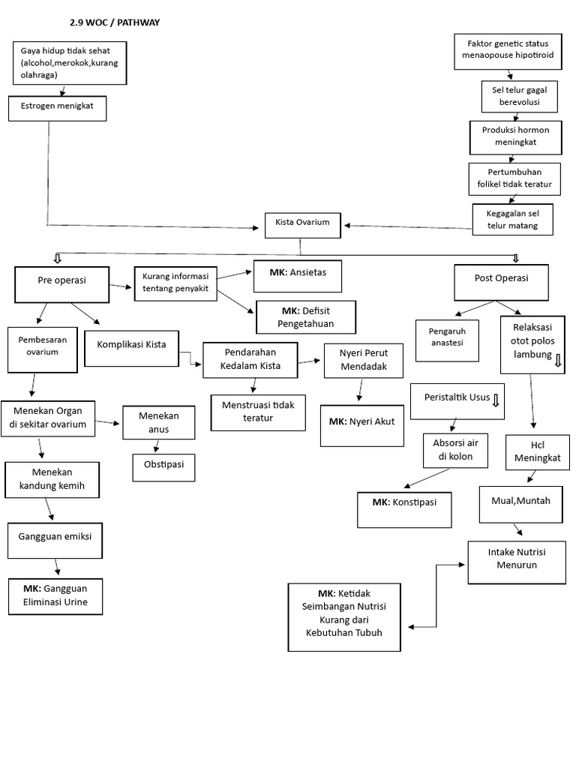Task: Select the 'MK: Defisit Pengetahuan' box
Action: tap(304, 316)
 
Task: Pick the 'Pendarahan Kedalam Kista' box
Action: tap(250, 358)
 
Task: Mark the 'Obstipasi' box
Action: tap(163, 466)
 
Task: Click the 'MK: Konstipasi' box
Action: tap(404, 510)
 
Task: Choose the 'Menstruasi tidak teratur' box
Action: tap(258, 412)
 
